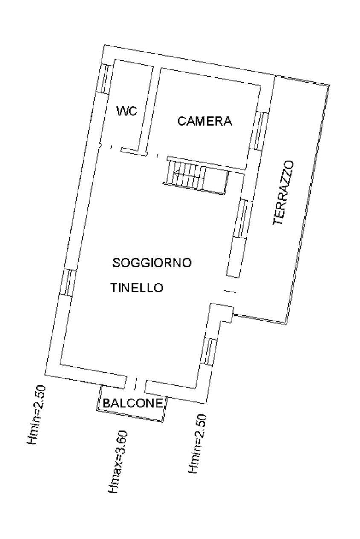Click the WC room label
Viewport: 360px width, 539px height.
(x=127, y=111)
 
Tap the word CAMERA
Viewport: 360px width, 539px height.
(x=205, y=121)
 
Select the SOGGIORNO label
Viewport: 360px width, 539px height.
(x=152, y=263)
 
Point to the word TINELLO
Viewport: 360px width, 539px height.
(x=137, y=287)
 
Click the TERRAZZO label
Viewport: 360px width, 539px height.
(x=284, y=193)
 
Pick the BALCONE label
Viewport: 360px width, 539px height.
(x=133, y=403)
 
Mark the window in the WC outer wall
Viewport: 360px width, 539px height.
(x=106, y=79)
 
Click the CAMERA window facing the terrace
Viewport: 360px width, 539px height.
(x=258, y=130)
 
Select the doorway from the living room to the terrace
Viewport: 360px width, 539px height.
(x=230, y=292)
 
